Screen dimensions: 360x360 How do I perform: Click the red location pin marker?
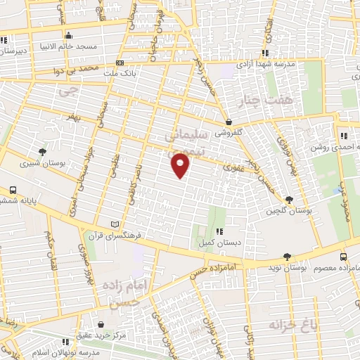click(181, 166)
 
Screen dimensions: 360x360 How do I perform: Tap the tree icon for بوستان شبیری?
click(43, 151)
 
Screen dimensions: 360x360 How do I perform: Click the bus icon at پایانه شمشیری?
click(13, 190)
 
